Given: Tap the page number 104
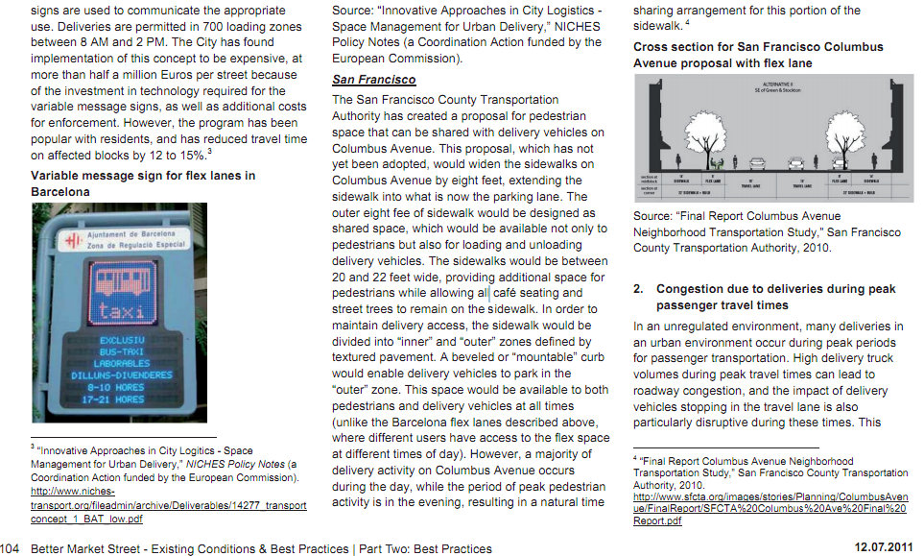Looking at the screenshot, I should tap(11, 548).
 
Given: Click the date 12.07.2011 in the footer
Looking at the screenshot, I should tap(883, 548).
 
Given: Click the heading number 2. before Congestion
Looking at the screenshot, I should tap(638, 289).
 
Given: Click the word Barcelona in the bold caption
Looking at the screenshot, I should tap(60, 191).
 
